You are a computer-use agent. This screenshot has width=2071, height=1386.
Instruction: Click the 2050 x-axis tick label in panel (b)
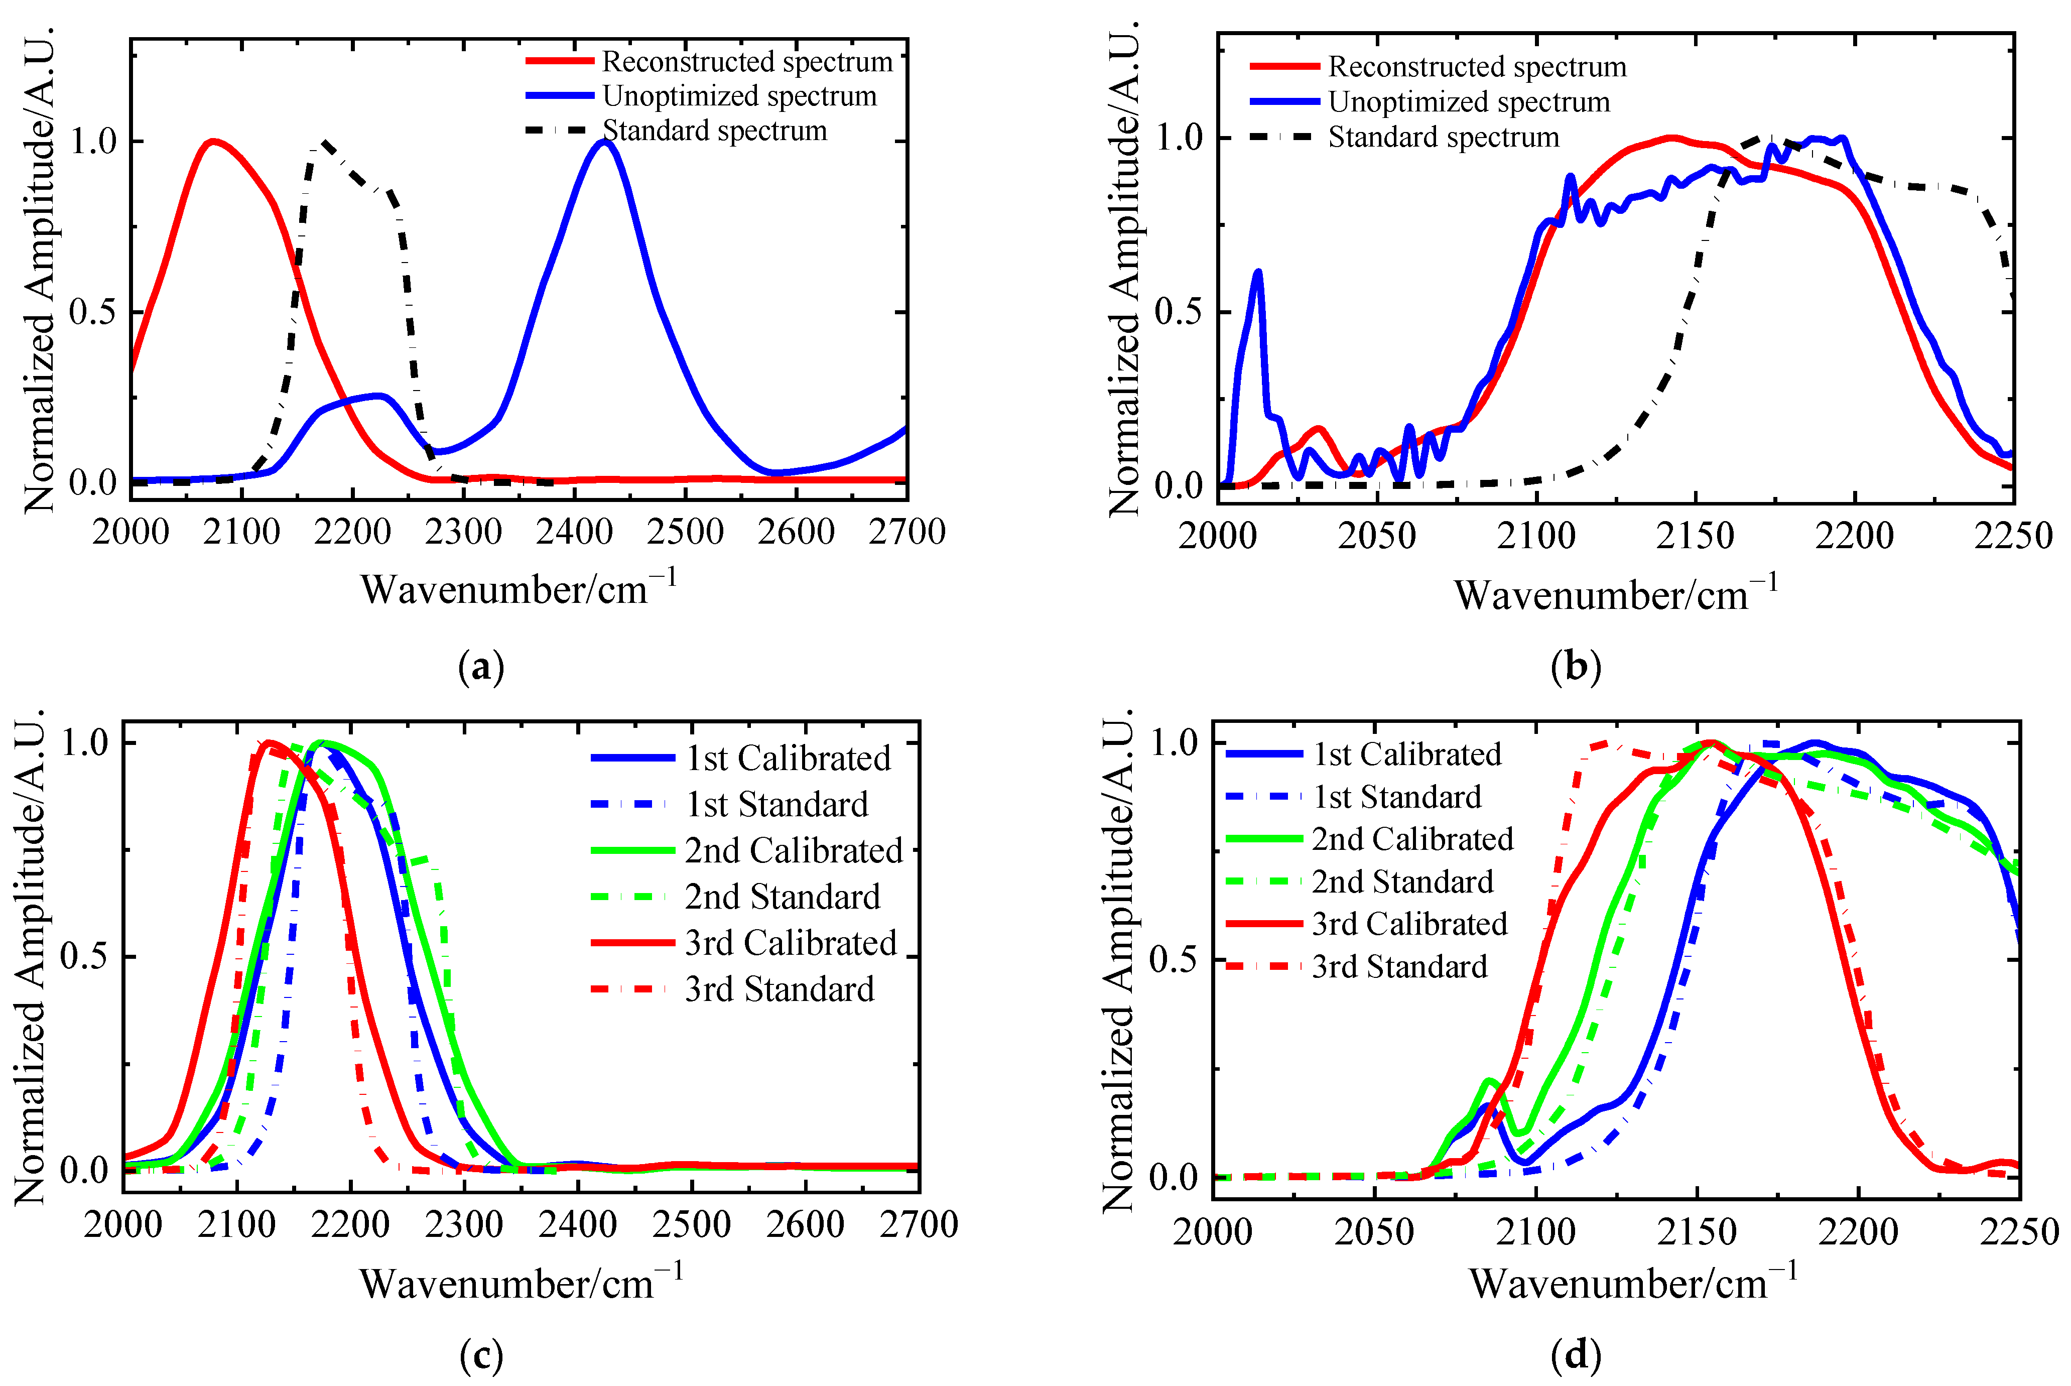click(x=1376, y=536)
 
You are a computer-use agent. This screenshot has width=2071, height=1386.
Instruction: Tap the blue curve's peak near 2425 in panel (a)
click(x=604, y=142)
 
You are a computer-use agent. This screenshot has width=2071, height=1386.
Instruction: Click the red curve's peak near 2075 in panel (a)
click(x=212, y=142)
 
